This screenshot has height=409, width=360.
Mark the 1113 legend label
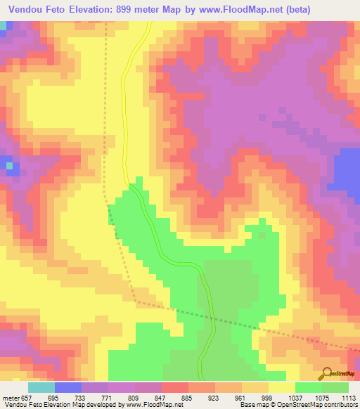click(x=347, y=398)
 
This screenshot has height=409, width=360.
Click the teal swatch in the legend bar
click(x=41, y=387)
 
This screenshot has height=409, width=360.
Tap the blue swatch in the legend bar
click(x=68, y=387)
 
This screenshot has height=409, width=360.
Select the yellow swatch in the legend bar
click(x=282, y=387)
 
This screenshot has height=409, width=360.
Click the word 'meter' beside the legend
click(x=9, y=398)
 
